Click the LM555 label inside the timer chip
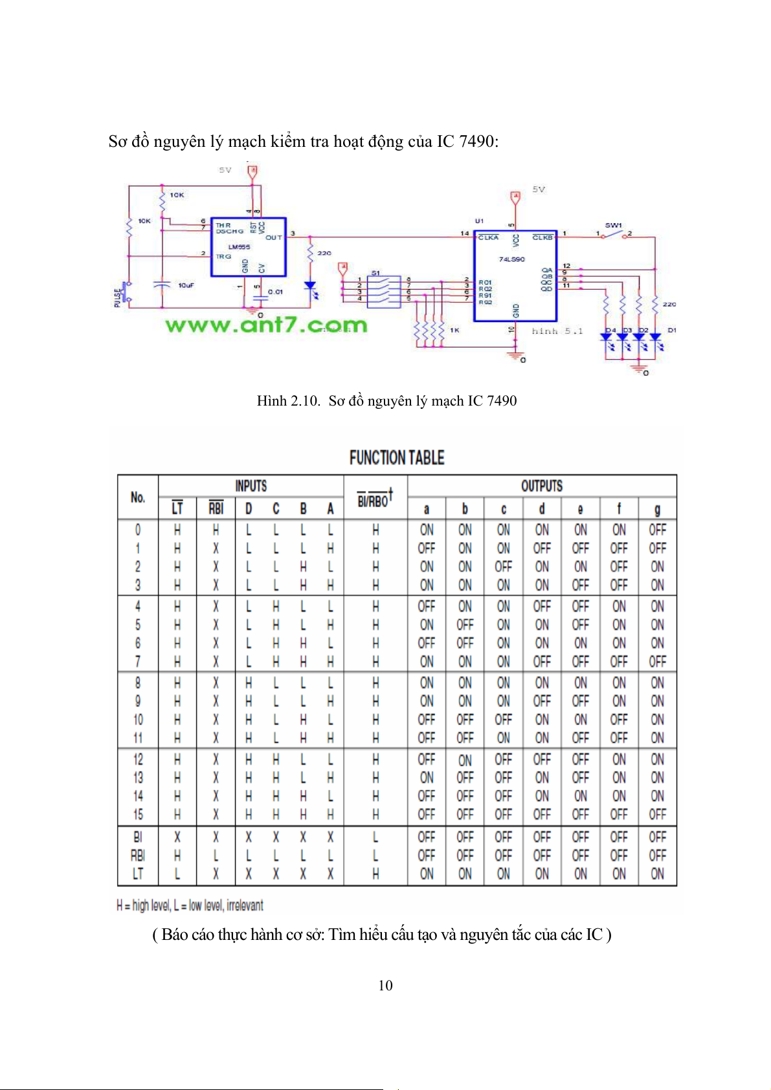(239, 246)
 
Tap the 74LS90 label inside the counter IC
(511, 259)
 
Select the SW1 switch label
(613, 225)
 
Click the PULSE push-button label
(118, 298)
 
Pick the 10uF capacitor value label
(186, 285)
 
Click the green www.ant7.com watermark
(266, 324)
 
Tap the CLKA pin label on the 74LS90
(489, 237)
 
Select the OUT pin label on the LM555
(274, 237)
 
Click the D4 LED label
(610, 330)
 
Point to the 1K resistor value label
(454, 330)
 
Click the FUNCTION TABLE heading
(396, 458)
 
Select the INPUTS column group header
(251, 486)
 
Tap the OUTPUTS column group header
(542, 486)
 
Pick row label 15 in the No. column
(138, 814)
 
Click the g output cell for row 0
(657, 530)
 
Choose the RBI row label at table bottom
(138, 855)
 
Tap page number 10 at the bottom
(385, 985)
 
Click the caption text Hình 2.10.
(288, 401)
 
